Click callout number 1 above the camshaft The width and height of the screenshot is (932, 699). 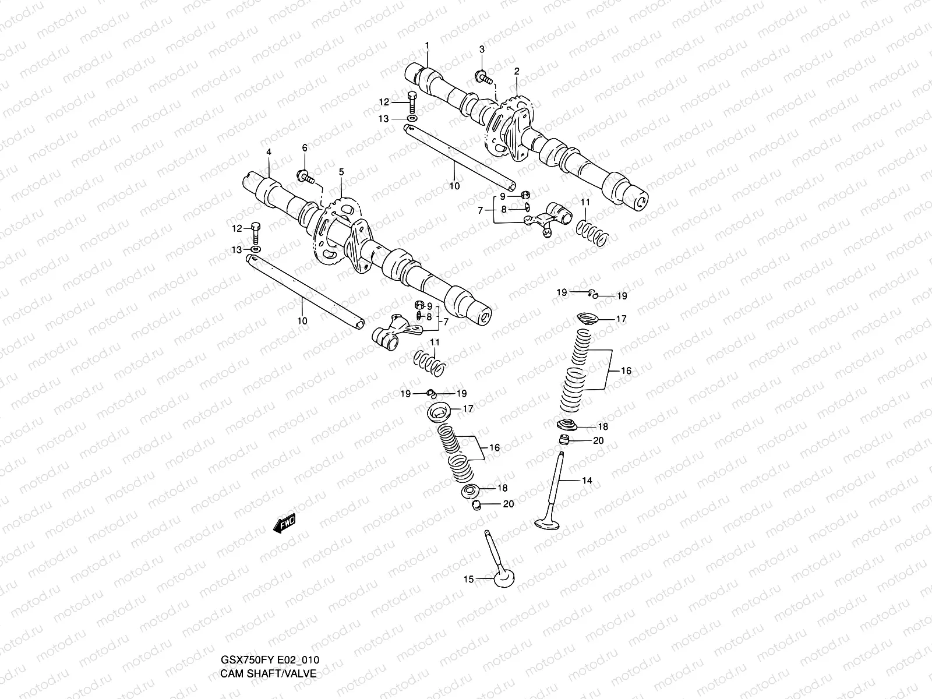427,45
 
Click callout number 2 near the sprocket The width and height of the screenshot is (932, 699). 516,71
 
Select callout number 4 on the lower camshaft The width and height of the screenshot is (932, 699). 269,152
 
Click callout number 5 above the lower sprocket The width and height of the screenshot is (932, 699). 341,172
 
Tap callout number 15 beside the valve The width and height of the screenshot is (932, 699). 468,579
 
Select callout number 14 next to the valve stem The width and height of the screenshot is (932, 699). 587,481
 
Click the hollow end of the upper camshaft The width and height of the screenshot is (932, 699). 641,202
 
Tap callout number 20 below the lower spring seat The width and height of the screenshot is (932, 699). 509,504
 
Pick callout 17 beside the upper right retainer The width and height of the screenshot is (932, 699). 621,319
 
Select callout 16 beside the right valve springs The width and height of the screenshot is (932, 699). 626,370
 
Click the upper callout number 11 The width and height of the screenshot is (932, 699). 585,202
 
